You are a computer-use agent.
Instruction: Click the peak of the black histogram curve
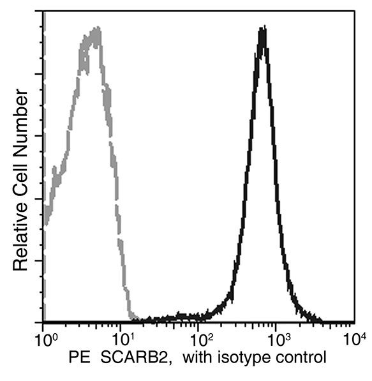point(262,29)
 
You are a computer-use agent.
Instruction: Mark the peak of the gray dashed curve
point(96,29)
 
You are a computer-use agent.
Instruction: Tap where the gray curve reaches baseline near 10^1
point(133,317)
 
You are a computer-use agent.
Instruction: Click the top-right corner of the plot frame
point(355,11)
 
